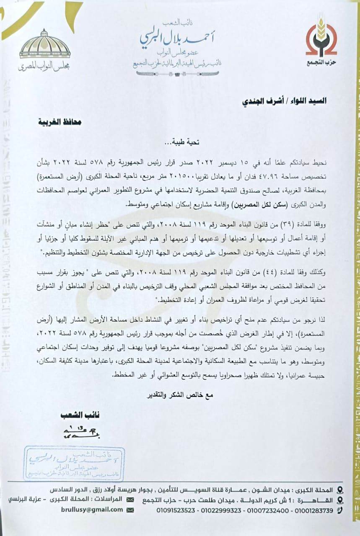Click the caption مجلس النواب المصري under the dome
45,66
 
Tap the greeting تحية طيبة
182,142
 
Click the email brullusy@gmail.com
98,510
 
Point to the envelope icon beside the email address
130,510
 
